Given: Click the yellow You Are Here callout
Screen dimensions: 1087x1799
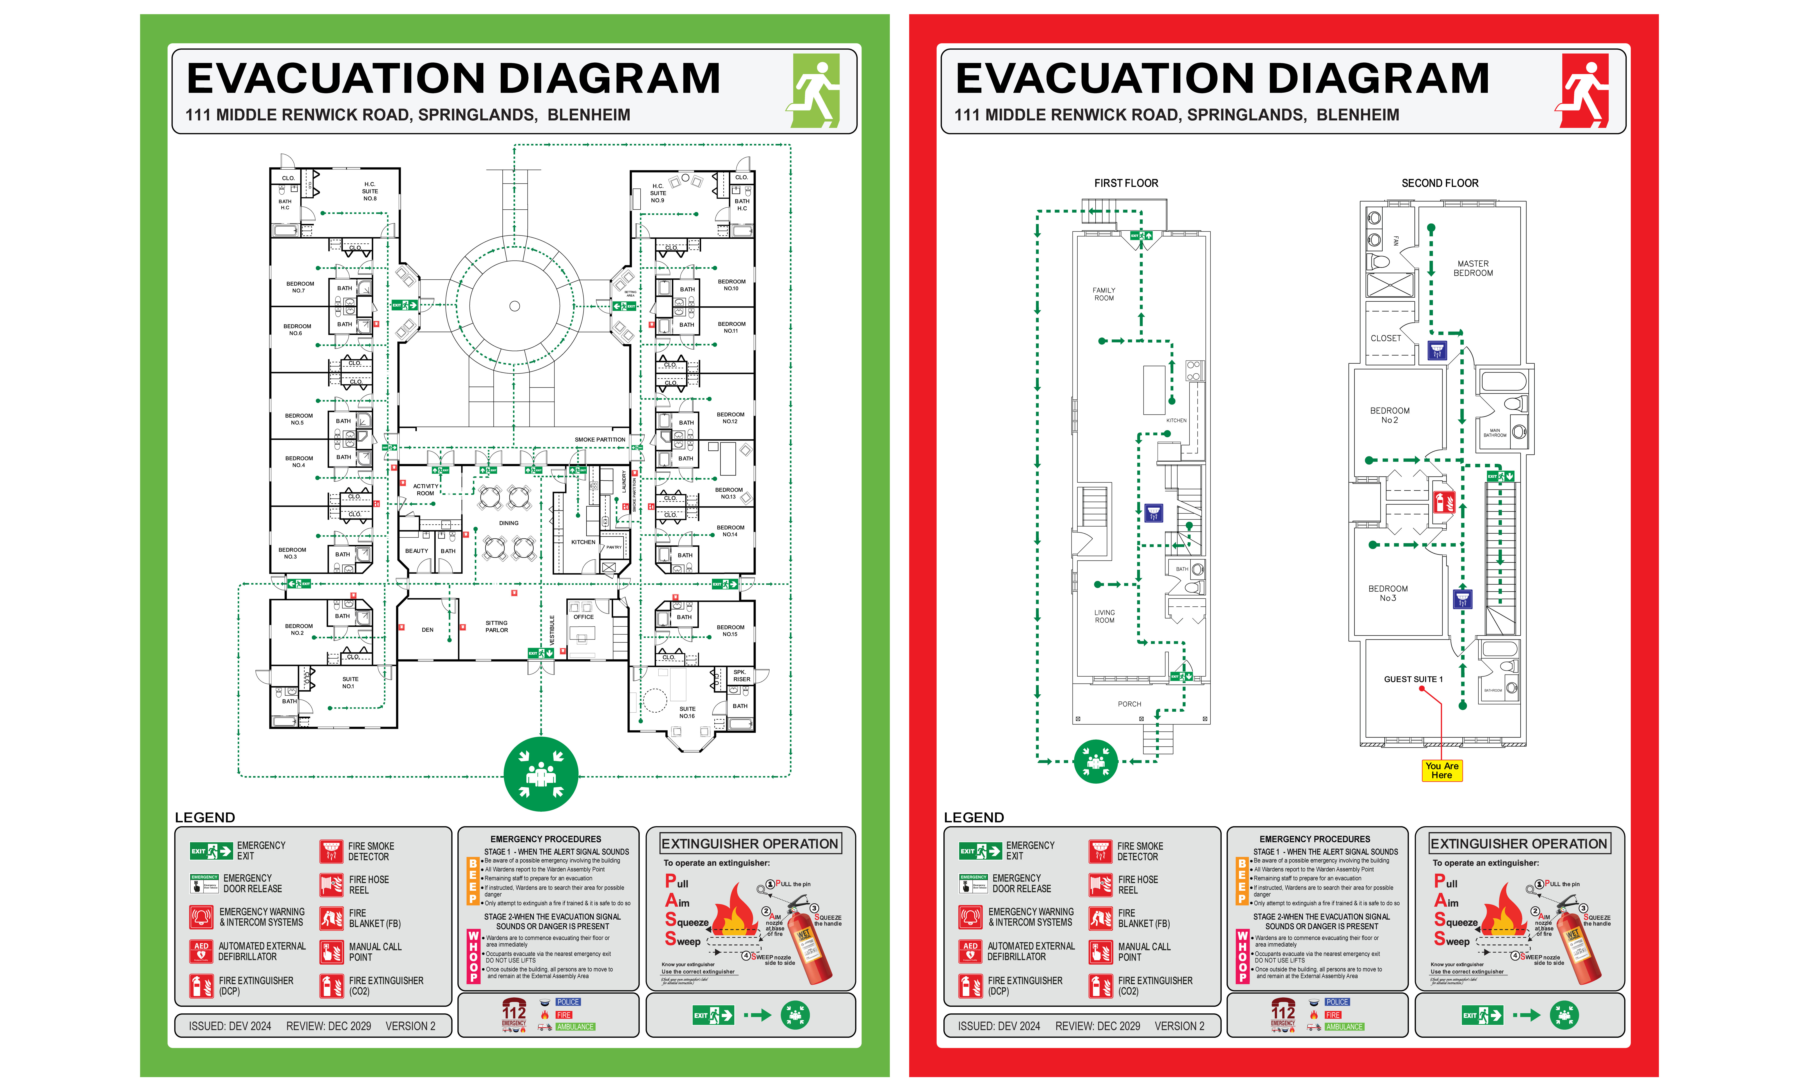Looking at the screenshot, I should click(1441, 771).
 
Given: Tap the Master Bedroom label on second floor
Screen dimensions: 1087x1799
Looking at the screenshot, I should click(1473, 268).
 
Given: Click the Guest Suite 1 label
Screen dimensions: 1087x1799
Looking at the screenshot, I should click(1413, 679).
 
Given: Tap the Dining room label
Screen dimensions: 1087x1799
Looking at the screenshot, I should click(509, 523).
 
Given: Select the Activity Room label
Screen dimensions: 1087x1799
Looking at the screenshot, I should click(426, 489).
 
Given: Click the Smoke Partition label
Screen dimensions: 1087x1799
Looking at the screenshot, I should click(600, 440).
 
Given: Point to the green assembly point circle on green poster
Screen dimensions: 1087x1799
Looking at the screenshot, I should click(541, 774).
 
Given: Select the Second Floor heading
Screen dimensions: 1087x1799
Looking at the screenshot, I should click(1440, 183).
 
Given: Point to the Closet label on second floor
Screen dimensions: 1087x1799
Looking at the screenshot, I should click(1385, 338).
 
